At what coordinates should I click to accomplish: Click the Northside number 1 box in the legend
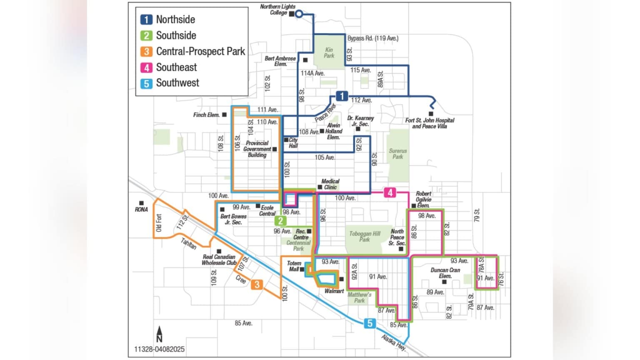(146, 20)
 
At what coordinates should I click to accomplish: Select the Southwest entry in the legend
(177, 83)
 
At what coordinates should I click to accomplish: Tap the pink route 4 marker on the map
(390, 192)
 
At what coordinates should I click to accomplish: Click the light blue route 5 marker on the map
(369, 323)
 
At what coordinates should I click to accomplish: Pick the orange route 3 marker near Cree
(257, 285)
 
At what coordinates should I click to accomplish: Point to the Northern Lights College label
(277, 10)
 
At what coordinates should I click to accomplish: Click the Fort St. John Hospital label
(430, 123)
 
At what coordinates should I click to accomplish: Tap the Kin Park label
(329, 52)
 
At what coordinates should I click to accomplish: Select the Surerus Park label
(397, 154)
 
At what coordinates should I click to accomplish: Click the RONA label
(141, 210)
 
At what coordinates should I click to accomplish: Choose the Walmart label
(334, 291)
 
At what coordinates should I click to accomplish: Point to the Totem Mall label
(294, 266)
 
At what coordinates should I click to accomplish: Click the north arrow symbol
(159, 334)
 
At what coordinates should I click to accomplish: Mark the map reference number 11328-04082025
(159, 349)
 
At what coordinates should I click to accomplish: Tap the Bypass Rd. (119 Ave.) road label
(372, 38)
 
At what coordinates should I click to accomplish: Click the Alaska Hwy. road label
(394, 342)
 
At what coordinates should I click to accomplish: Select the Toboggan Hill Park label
(365, 237)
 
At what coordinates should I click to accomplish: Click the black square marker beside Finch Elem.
(224, 115)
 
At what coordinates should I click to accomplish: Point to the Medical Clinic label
(330, 184)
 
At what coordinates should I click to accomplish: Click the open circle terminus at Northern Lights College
(299, 14)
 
